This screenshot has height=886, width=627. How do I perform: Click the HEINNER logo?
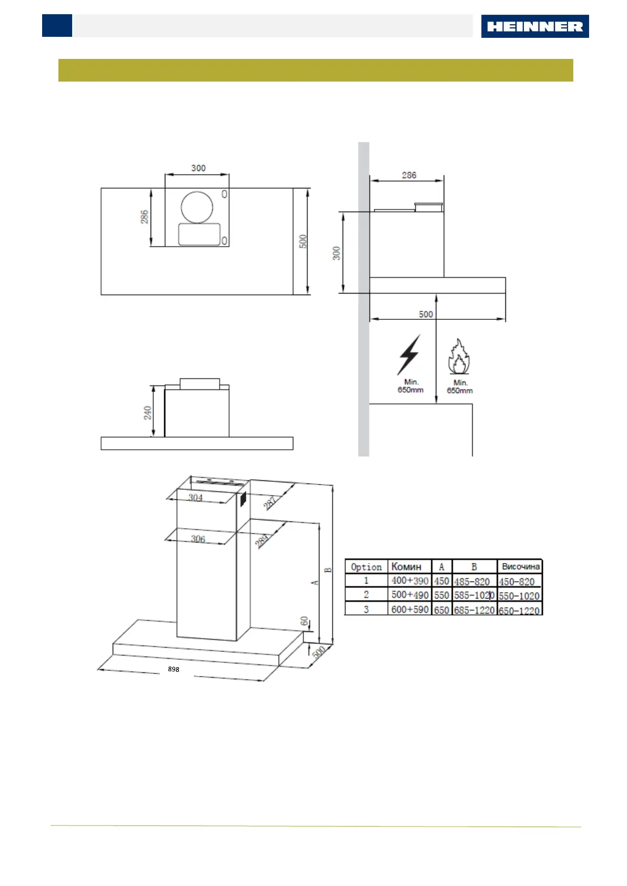tap(534, 26)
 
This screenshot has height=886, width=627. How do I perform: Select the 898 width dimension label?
tap(174, 669)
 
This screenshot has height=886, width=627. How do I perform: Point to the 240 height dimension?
tap(148, 412)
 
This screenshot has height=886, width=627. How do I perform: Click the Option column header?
tap(366, 567)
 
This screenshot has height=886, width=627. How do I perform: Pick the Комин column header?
tap(406, 567)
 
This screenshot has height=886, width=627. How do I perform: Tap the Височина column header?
tap(520, 567)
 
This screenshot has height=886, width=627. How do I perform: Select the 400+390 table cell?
tap(410, 581)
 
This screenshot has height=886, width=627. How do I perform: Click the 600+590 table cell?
tap(410, 609)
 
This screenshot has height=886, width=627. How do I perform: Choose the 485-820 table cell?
tap(472, 581)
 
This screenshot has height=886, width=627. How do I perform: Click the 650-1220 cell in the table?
tap(519, 610)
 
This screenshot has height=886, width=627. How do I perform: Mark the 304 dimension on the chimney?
tap(195, 497)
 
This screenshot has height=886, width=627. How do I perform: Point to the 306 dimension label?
tap(198, 539)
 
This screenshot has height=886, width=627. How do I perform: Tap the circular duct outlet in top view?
tap(197, 207)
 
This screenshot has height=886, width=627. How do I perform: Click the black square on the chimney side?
tap(243, 499)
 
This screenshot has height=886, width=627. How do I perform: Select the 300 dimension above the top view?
tap(198, 168)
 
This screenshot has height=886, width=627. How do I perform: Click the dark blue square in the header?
tap(57, 26)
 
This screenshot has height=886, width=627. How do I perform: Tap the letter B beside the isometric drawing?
tap(328, 570)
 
